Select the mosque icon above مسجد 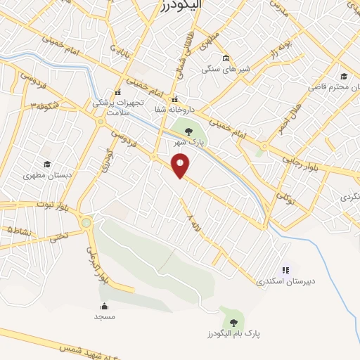(x=105, y=306)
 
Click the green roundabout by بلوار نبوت (x=86, y=223)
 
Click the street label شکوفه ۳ (x=44, y=106)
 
